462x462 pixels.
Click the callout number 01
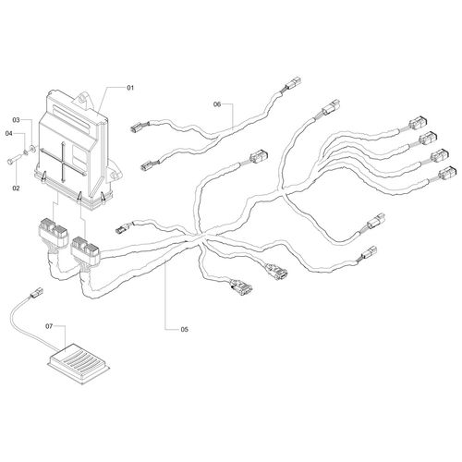[x=130, y=88]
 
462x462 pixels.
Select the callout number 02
[x=16, y=188]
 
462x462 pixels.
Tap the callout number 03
[x=16, y=119]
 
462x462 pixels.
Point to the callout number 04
[x=9, y=133]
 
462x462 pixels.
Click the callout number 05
[x=184, y=330]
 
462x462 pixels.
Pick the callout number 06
[x=217, y=104]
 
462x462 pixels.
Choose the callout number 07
[x=49, y=326]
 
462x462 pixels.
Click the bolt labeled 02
[x=13, y=160]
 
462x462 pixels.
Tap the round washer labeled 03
[x=32, y=149]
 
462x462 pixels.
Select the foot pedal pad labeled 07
[x=79, y=363]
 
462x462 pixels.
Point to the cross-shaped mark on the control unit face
[x=63, y=162]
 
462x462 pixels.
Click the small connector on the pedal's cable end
[x=36, y=293]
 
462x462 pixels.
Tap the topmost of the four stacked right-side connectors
[x=418, y=123]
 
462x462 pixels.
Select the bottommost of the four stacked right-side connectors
[x=446, y=174]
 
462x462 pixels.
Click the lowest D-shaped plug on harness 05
[x=241, y=286]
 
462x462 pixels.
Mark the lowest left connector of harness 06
[x=148, y=165]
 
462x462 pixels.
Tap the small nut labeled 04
[x=26, y=152]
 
